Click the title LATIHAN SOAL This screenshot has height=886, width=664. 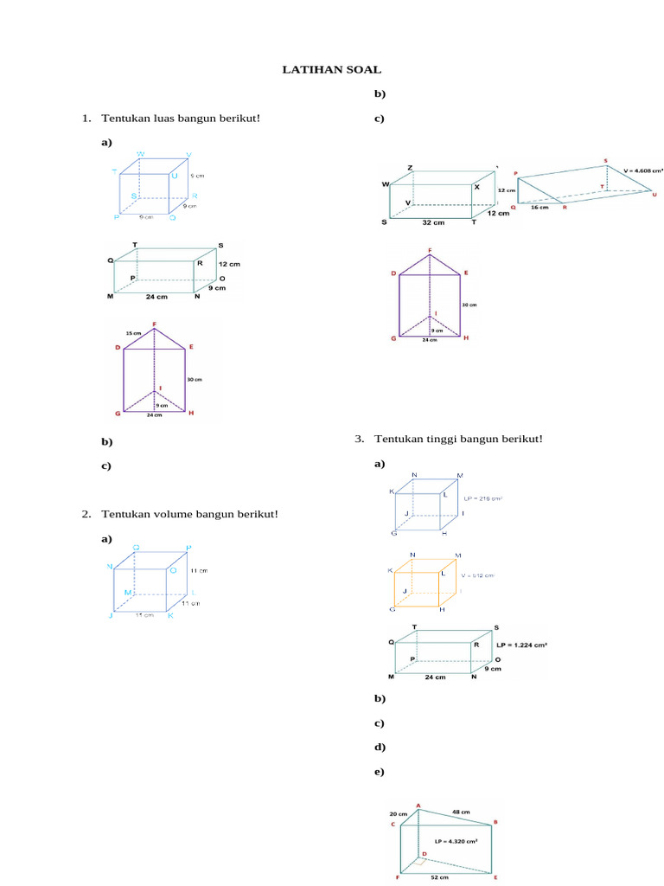[332, 68]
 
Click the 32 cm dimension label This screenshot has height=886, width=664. [433, 222]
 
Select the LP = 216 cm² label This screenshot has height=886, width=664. [483, 498]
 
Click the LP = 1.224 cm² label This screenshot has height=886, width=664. [523, 645]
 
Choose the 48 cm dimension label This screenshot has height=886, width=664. [460, 812]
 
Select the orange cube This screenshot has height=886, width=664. [424, 582]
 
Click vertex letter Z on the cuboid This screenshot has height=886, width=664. [410, 167]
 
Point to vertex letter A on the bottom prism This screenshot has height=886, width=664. [419, 806]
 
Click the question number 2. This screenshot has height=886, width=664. [86, 515]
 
